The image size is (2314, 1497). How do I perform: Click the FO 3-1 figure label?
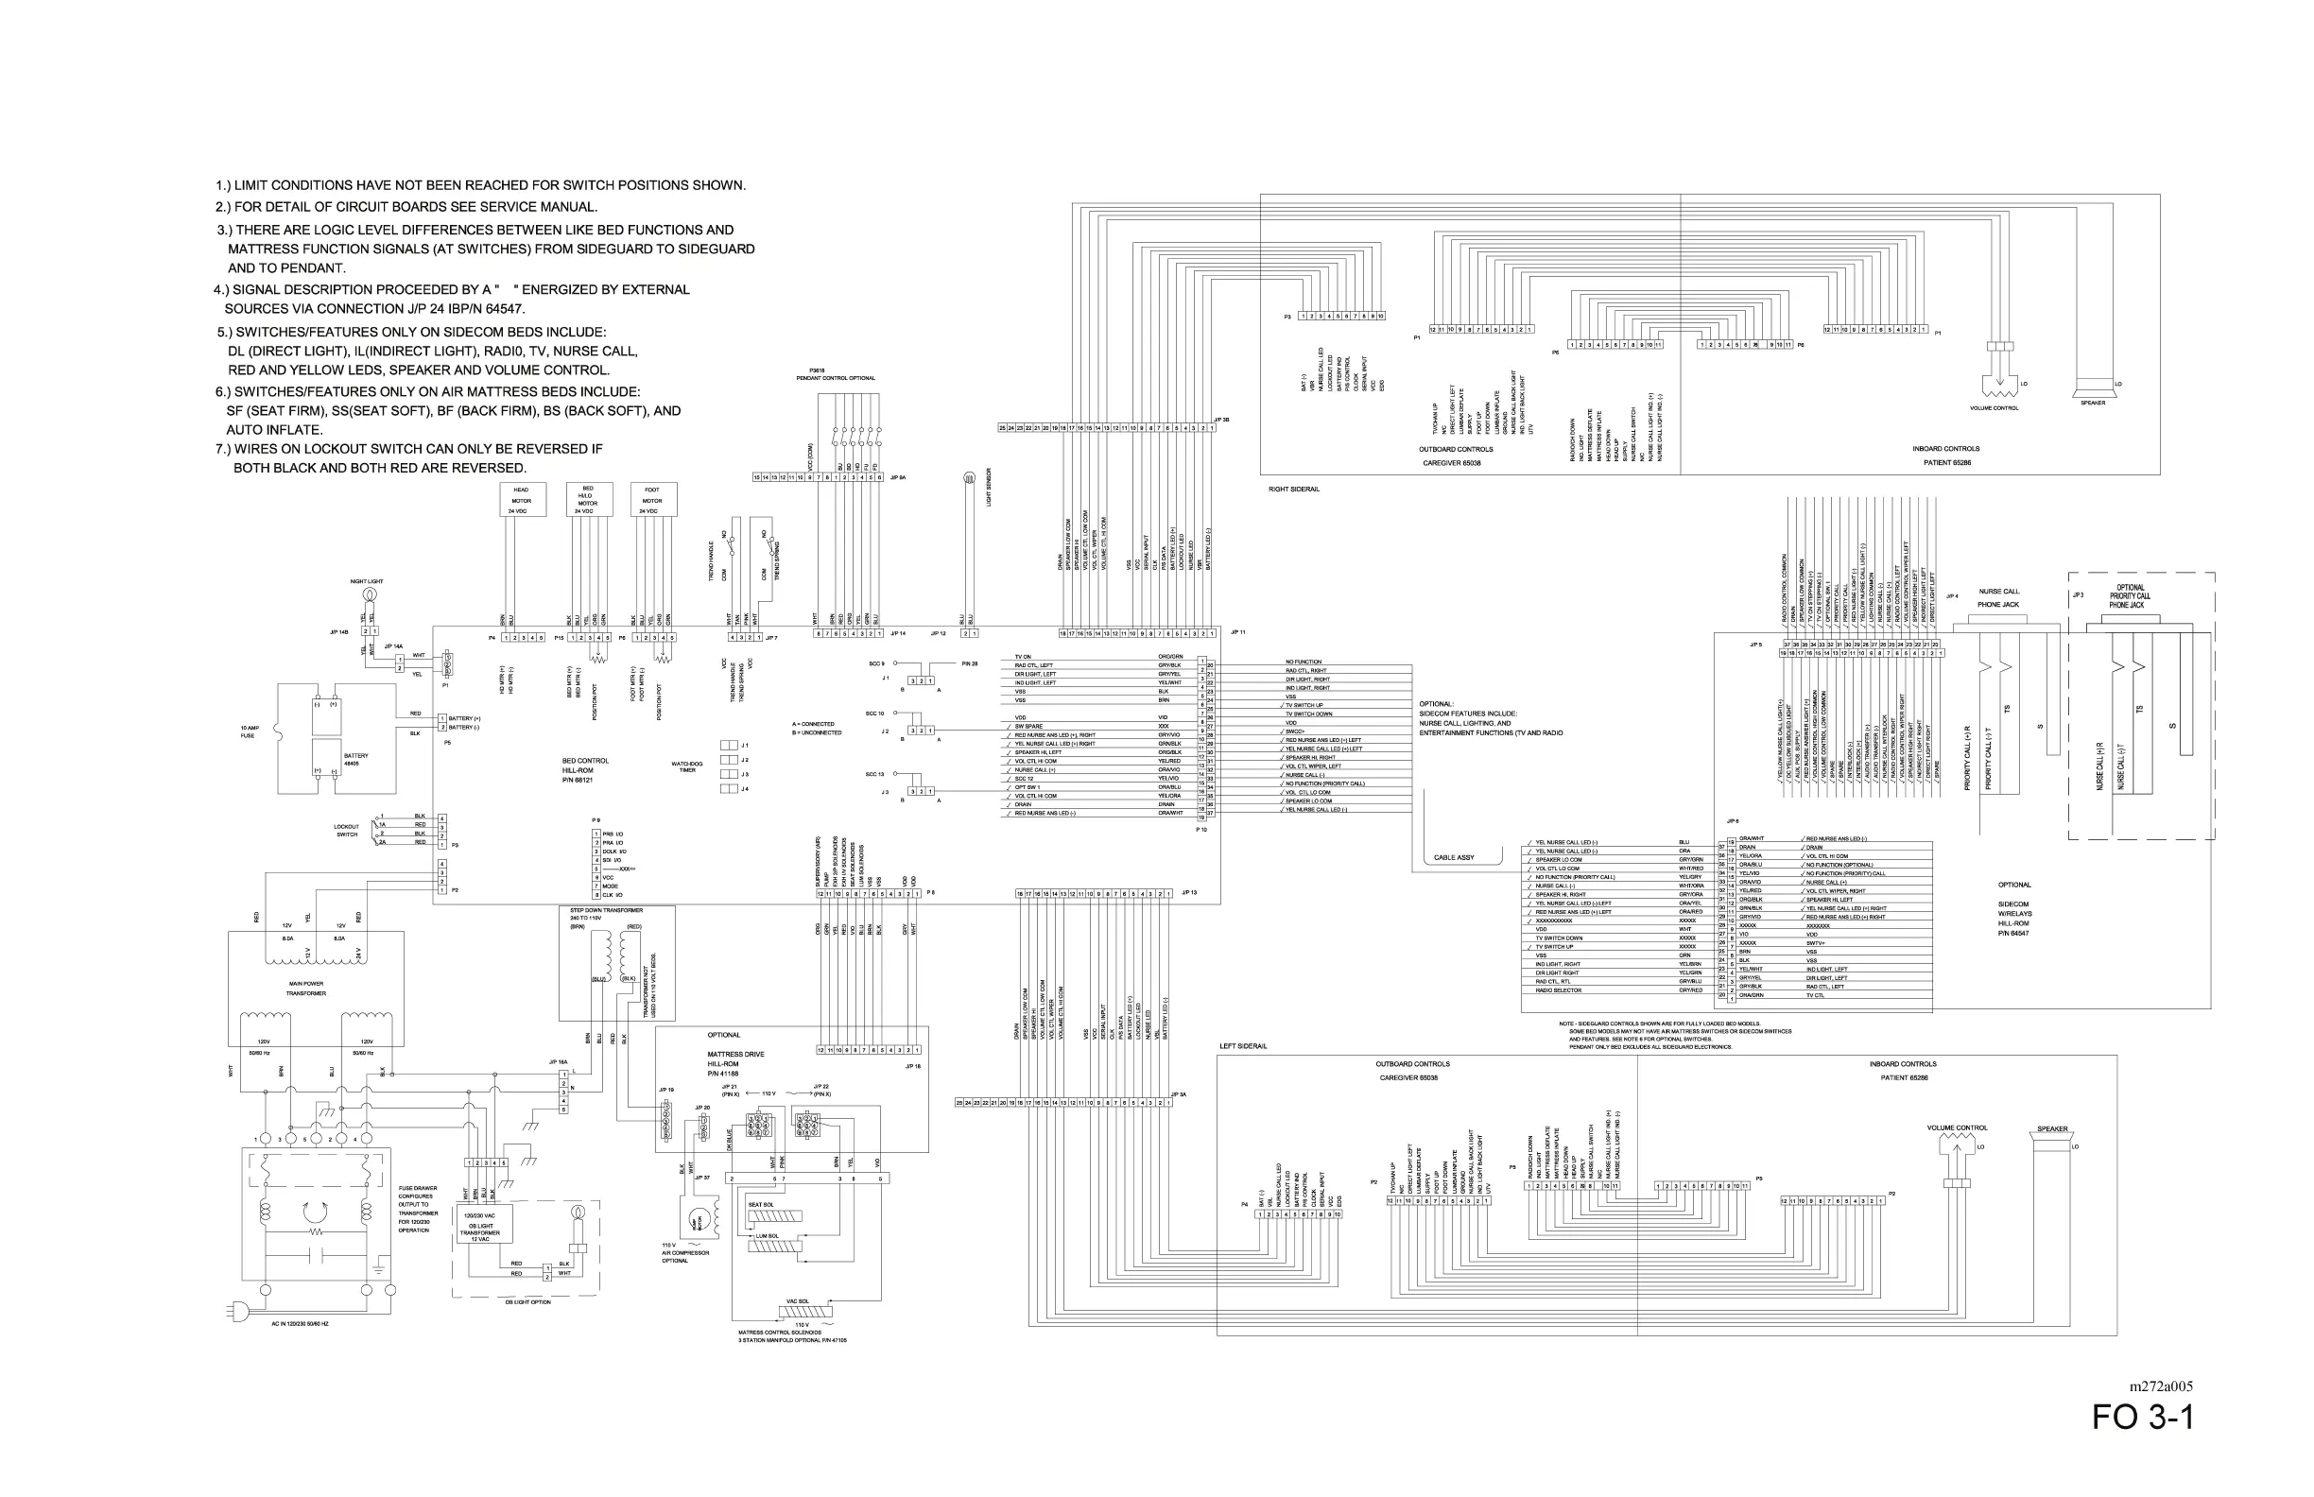click(2142, 1419)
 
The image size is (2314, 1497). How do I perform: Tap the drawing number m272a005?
click(2160, 1386)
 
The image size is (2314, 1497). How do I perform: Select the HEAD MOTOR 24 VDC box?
click(521, 500)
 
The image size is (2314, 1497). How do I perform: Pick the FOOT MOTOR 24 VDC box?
click(652, 500)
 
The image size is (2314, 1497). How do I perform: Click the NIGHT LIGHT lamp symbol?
click(370, 594)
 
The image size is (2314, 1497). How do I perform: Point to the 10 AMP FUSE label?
click(249, 731)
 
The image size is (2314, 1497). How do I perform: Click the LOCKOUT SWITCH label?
click(347, 830)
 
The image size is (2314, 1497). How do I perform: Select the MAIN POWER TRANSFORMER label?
click(306, 989)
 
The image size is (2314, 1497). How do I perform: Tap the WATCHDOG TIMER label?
click(687, 767)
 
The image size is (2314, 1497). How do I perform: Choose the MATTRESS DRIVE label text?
click(735, 1054)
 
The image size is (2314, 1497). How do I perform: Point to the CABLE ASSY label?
click(1454, 857)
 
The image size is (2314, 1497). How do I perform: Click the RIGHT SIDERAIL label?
click(1294, 489)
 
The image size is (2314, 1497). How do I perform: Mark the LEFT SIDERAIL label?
click(1244, 1046)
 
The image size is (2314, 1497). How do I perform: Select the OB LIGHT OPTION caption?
click(527, 1302)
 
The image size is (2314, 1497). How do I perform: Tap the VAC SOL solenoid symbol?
click(806, 1312)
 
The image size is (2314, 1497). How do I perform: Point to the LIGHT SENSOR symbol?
click(967, 478)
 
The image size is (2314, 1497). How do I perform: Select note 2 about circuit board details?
click(406, 206)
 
